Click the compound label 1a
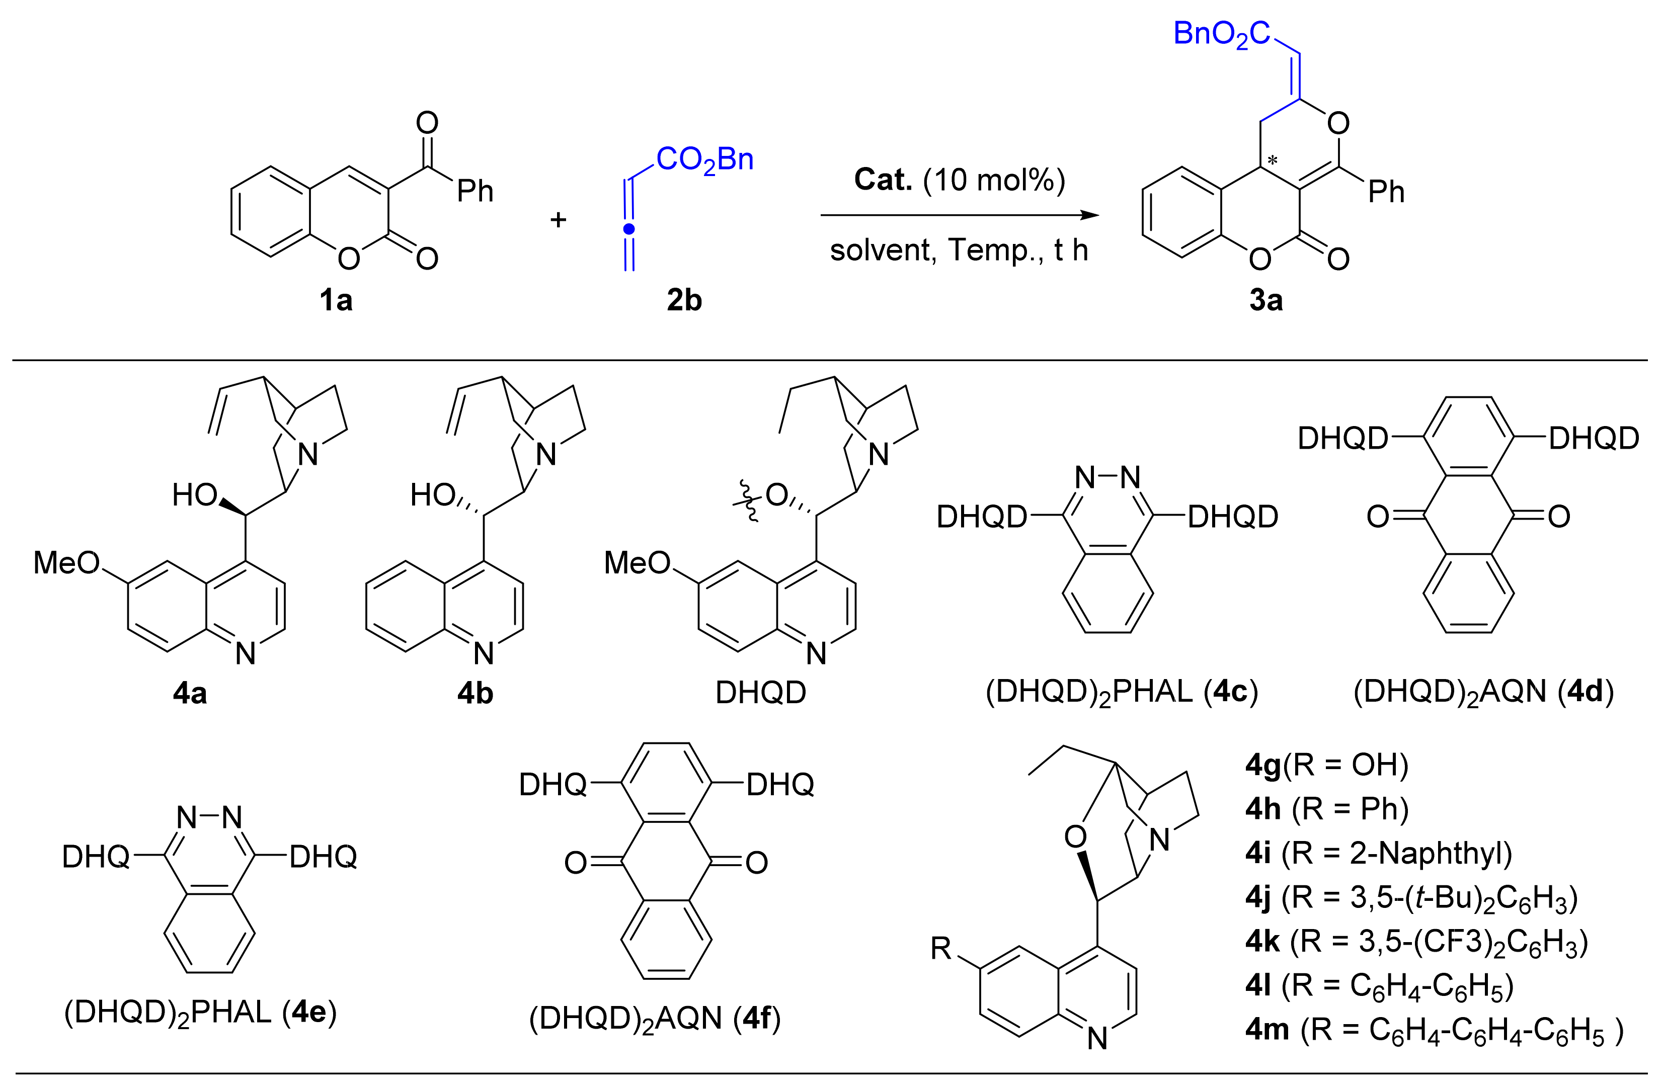point(336,300)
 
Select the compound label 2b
point(684,300)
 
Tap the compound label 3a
point(1266,300)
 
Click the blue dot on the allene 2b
point(629,228)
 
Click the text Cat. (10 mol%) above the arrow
point(960,180)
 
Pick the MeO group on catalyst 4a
point(66,563)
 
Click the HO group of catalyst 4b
point(433,495)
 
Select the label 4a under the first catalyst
point(190,693)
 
